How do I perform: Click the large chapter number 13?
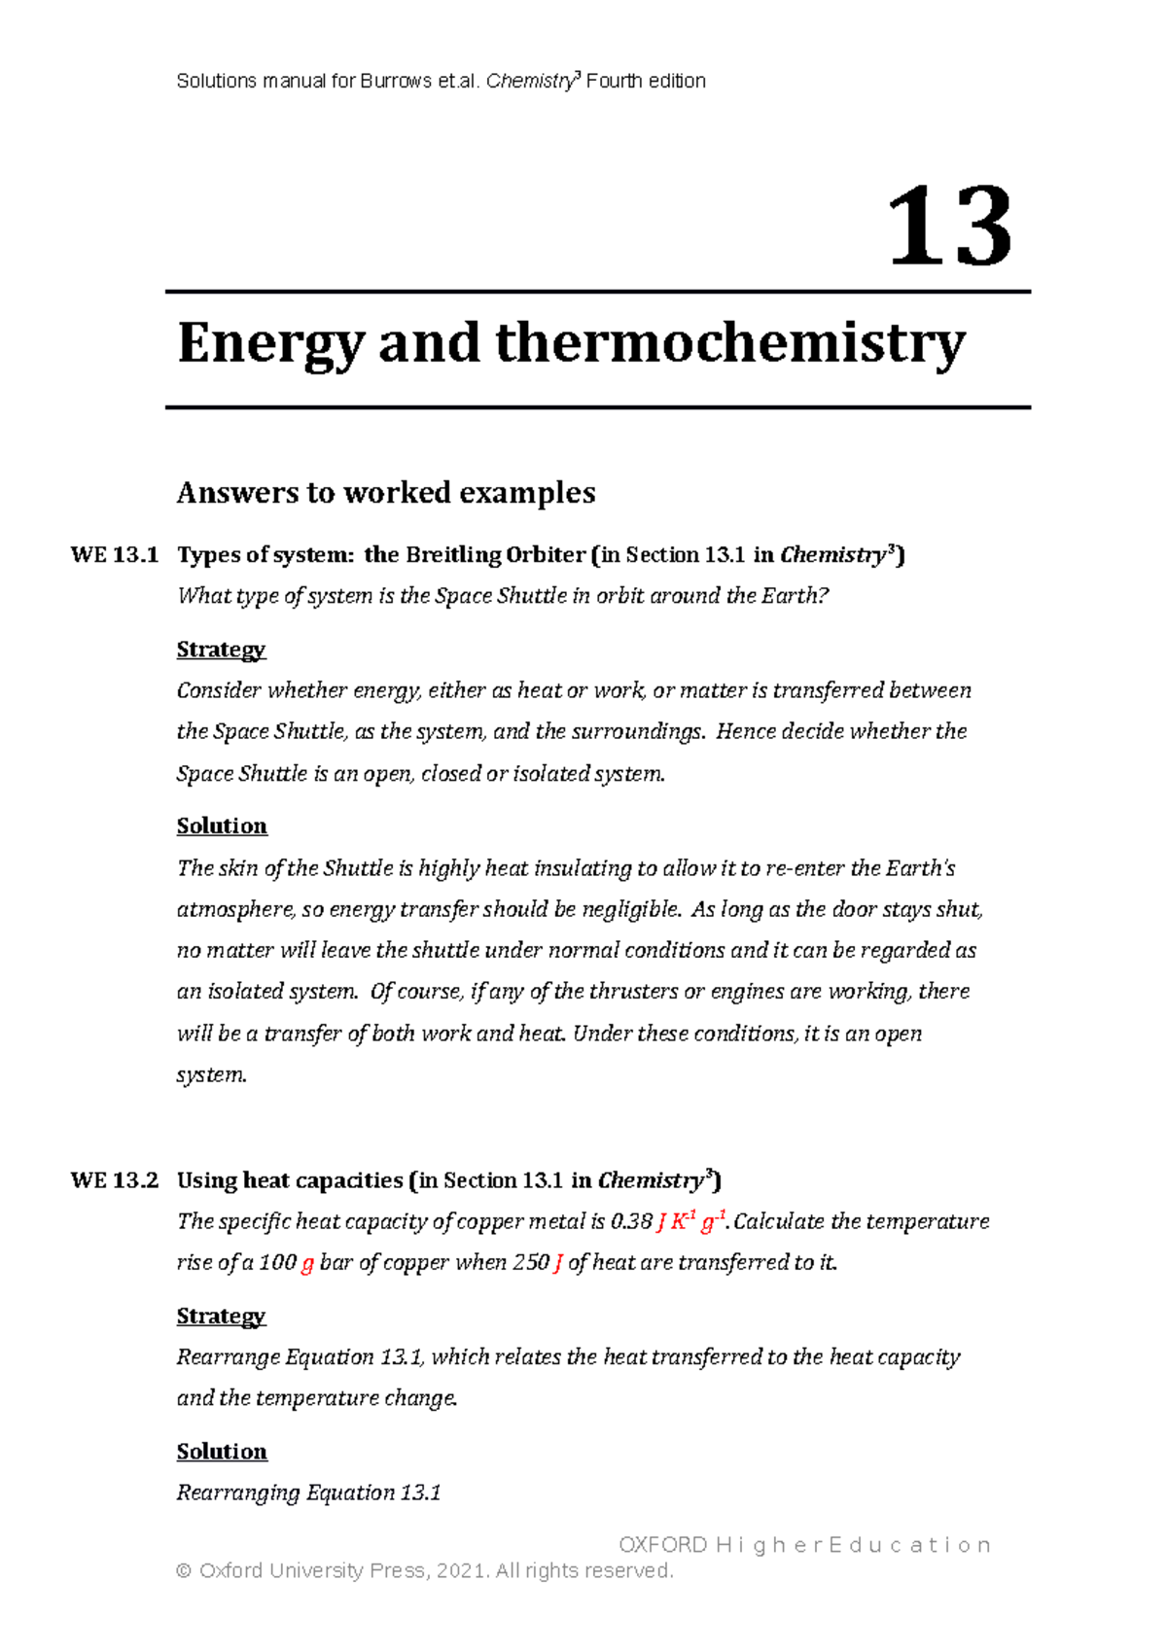click(949, 228)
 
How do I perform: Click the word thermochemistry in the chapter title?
click(729, 344)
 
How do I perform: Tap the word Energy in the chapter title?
click(270, 344)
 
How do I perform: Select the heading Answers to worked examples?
click(385, 493)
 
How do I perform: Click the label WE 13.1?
click(114, 555)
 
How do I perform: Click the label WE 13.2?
click(114, 1180)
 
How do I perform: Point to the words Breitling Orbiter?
click(495, 555)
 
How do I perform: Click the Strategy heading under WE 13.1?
click(221, 650)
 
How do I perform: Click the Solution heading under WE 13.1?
click(222, 826)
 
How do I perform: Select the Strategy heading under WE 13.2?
click(221, 1317)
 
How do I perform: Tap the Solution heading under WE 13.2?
click(222, 1452)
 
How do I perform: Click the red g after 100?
click(307, 1264)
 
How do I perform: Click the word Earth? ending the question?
click(795, 596)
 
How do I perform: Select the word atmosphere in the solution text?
click(234, 910)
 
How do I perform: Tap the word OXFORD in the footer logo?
click(663, 1545)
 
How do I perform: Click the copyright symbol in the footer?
click(184, 1571)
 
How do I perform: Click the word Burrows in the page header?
click(396, 82)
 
